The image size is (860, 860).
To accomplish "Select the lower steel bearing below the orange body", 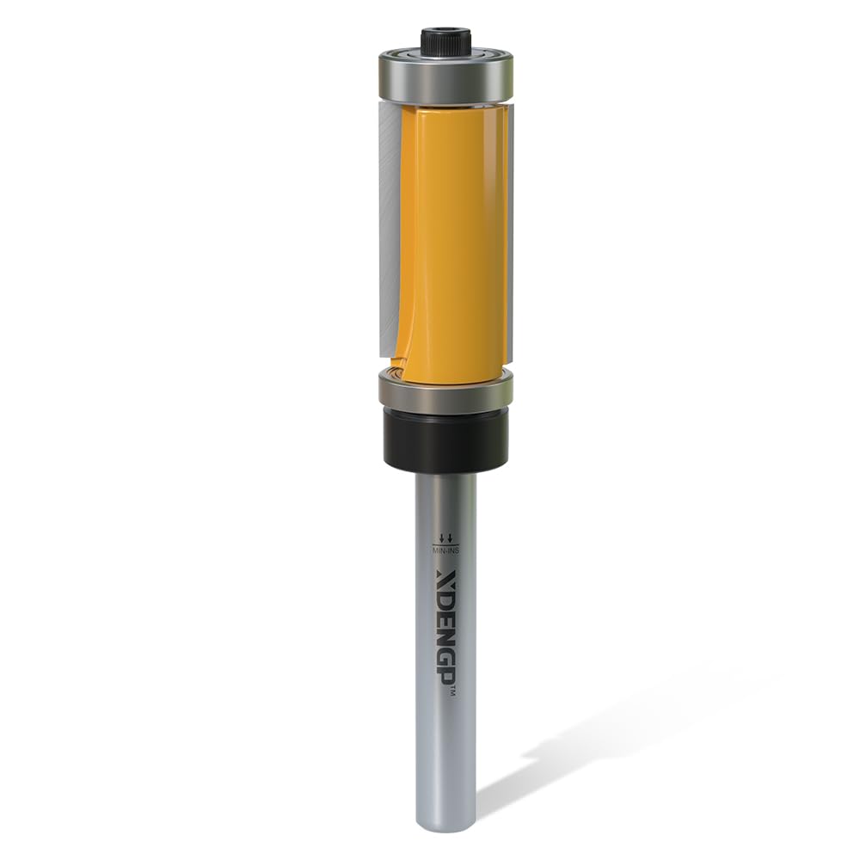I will coord(445,390).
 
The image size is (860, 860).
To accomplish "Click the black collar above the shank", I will coord(445,439).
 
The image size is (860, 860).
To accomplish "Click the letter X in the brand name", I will coord(445,577).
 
